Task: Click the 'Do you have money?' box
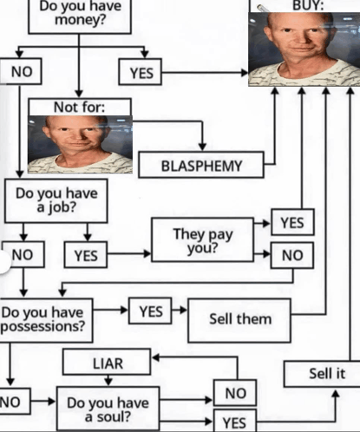coord(80,16)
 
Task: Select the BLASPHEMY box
coord(201,165)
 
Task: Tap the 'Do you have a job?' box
coord(56,200)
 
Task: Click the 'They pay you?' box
coord(203,240)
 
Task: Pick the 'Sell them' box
coord(239,320)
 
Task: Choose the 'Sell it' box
coord(322,374)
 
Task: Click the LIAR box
coord(107,362)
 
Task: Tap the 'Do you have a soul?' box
coord(108,409)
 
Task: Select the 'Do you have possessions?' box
coord(45,320)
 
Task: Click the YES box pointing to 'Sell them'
coord(150,311)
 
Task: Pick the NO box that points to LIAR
coord(235,393)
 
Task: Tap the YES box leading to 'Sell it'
coord(235,421)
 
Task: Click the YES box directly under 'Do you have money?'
coord(141,72)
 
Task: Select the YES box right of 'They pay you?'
coord(292,222)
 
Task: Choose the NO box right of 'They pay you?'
coord(292,255)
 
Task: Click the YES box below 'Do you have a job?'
coord(86,255)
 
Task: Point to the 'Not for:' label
coord(80,108)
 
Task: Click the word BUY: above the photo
coord(308,5)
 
